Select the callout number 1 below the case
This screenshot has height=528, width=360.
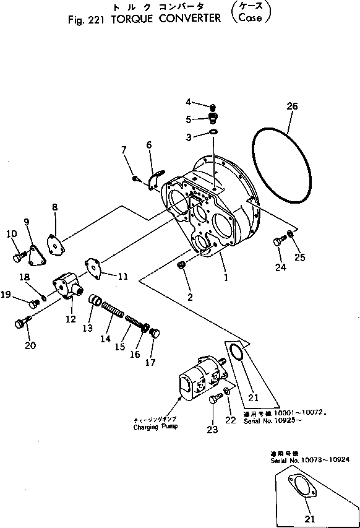[x=226, y=278]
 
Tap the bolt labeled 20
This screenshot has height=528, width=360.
[x=22, y=322]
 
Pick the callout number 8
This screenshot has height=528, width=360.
[x=54, y=207]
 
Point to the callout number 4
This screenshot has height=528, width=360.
[x=189, y=102]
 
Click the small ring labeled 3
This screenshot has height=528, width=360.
[x=213, y=132]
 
